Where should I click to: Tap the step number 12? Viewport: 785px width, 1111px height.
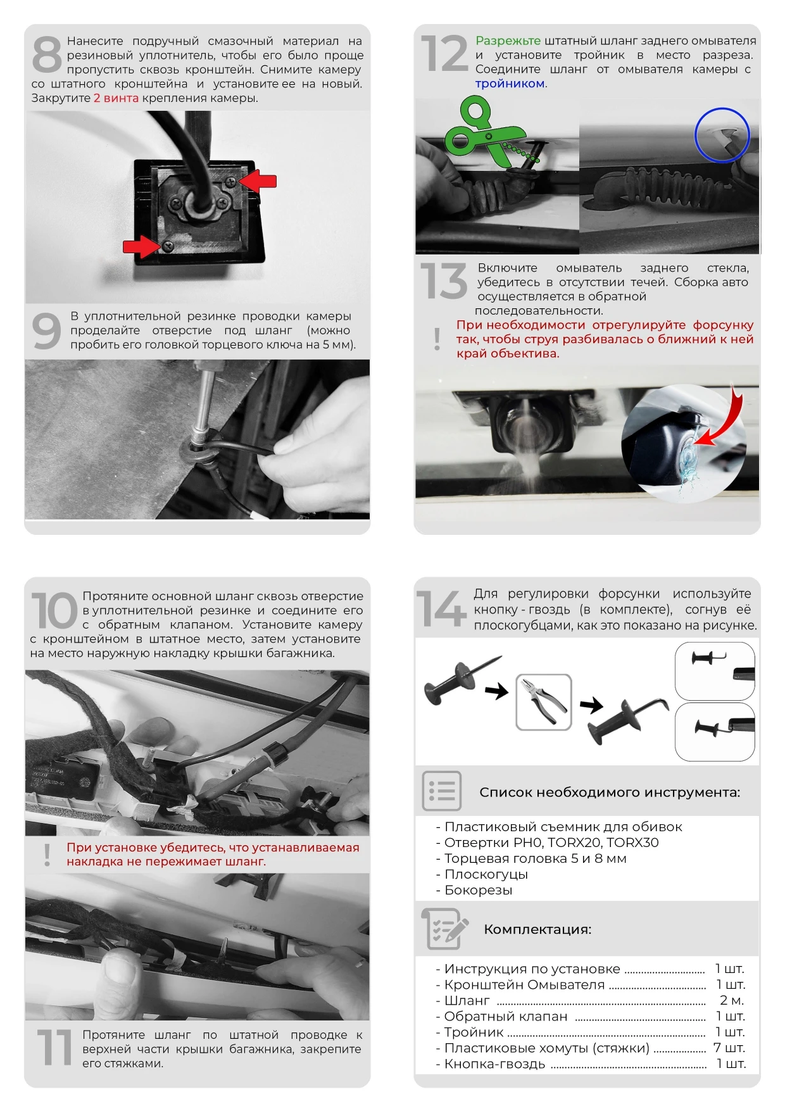click(445, 53)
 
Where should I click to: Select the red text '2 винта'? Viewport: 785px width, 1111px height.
click(116, 98)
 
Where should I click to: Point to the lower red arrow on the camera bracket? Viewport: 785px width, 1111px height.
click(142, 246)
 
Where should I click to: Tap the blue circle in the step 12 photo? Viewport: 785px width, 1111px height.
click(722, 135)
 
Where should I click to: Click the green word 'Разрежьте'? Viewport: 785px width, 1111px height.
click(508, 41)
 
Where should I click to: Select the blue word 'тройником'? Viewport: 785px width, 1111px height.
click(510, 84)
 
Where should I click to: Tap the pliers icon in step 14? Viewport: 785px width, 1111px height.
click(544, 701)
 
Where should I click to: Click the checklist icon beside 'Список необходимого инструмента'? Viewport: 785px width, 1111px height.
click(441, 791)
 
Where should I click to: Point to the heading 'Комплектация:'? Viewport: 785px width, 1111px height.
click(537, 929)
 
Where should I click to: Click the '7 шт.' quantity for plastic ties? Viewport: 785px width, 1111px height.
click(729, 1048)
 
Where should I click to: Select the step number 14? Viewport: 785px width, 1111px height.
click(441, 608)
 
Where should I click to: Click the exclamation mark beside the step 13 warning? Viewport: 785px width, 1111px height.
click(437, 339)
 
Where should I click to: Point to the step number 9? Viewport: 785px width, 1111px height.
click(47, 330)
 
